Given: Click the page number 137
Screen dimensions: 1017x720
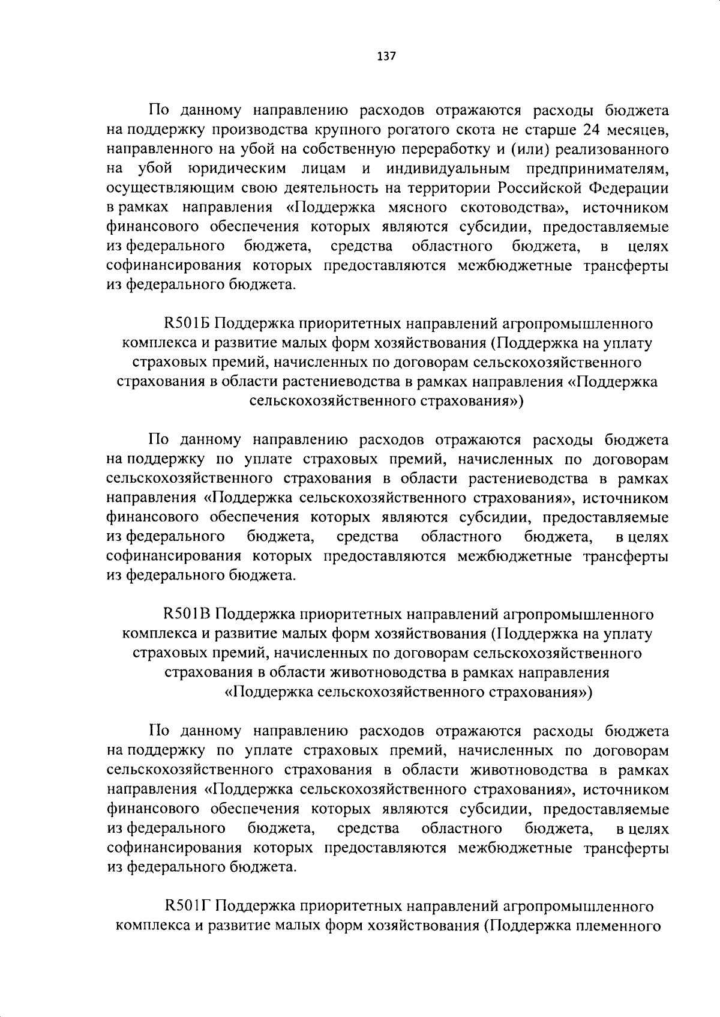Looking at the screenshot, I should (386, 56).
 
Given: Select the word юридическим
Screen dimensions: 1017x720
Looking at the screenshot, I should (236, 169).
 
